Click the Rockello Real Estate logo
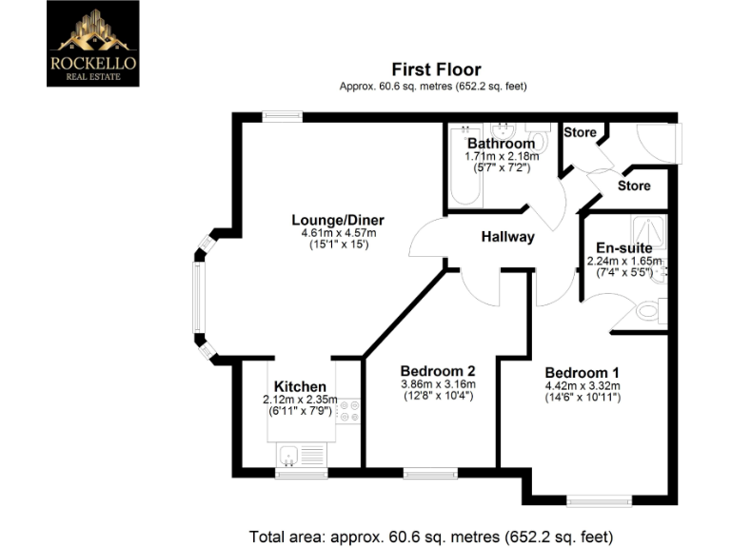click(x=92, y=43)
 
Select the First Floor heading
click(x=436, y=69)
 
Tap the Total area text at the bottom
click(x=430, y=536)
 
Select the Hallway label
click(x=507, y=237)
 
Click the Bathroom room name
click(x=501, y=144)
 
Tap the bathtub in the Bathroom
click(x=464, y=166)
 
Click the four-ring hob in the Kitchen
click(x=348, y=409)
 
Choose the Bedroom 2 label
click(x=438, y=371)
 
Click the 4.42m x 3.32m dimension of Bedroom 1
click(x=582, y=385)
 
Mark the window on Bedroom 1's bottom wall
click(x=599, y=499)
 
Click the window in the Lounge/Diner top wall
click(x=283, y=117)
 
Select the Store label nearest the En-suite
click(x=634, y=186)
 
